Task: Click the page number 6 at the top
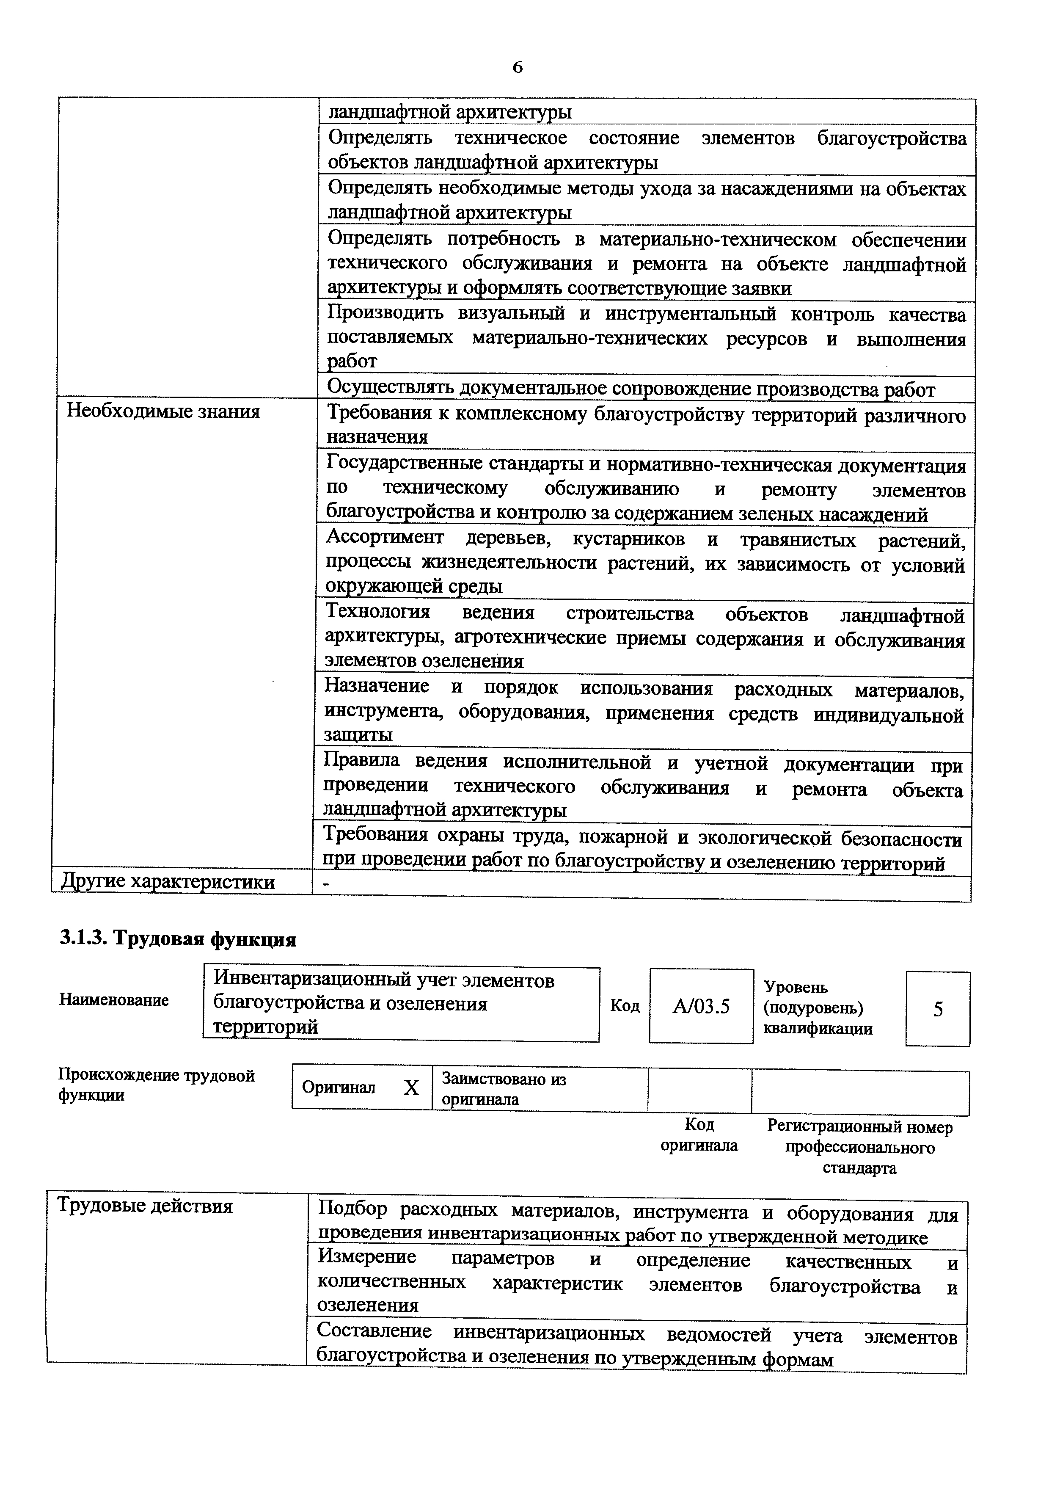tap(517, 67)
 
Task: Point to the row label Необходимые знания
tap(163, 411)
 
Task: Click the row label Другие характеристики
tap(168, 881)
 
